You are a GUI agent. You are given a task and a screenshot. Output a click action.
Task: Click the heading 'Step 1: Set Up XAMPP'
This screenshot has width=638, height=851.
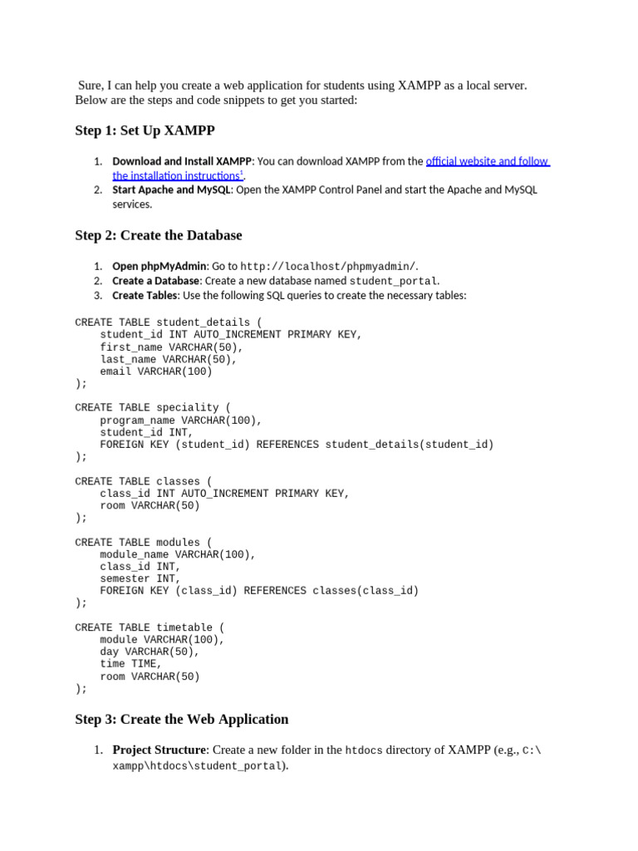[145, 130]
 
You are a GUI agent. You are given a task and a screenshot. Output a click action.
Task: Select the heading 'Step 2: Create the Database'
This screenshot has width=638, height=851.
[159, 235]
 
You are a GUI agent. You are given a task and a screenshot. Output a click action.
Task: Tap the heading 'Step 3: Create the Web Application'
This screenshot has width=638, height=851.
[182, 719]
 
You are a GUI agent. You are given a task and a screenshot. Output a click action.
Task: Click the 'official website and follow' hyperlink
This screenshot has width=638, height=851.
[488, 161]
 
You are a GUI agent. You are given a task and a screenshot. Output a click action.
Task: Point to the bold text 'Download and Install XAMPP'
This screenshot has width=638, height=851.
[182, 161]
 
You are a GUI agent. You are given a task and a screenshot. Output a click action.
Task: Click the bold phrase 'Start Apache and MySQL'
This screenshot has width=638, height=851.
[172, 189]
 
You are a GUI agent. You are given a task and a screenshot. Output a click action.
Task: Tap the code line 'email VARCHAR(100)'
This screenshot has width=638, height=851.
[156, 371]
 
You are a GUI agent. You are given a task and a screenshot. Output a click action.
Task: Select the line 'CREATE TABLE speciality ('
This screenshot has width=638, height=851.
[153, 408]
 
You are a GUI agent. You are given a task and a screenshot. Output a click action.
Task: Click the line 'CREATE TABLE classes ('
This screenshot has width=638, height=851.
[144, 481]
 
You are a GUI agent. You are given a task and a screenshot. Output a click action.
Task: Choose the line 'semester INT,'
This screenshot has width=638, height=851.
[137, 578]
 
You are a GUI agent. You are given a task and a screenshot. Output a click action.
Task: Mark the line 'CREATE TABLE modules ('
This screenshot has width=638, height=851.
[144, 543]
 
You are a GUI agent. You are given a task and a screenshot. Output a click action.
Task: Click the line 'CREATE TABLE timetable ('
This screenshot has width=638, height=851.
[150, 627]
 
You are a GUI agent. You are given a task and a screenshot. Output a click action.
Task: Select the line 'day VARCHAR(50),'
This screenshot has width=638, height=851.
[150, 652]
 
